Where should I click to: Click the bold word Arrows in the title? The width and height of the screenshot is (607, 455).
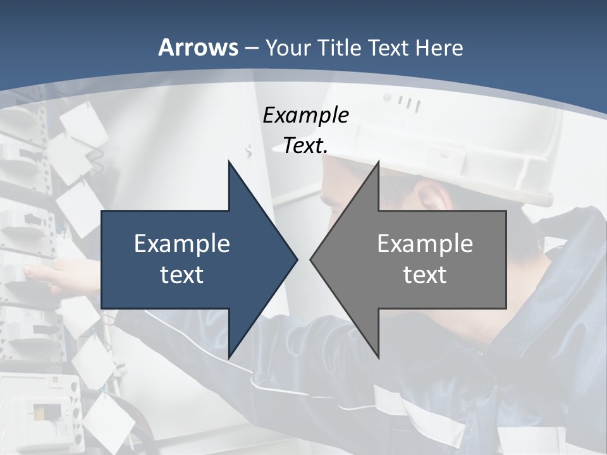[198, 47]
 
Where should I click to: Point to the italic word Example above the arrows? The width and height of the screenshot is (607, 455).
[305, 116]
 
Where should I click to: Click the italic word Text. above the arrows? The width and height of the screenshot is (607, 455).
[305, 146]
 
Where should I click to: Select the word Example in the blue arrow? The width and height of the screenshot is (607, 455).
[181, 243]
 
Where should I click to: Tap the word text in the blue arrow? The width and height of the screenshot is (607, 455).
[181, 274]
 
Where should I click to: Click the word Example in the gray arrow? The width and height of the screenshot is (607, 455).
[425, 243]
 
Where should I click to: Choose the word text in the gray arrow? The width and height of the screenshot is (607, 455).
[425, 274]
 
